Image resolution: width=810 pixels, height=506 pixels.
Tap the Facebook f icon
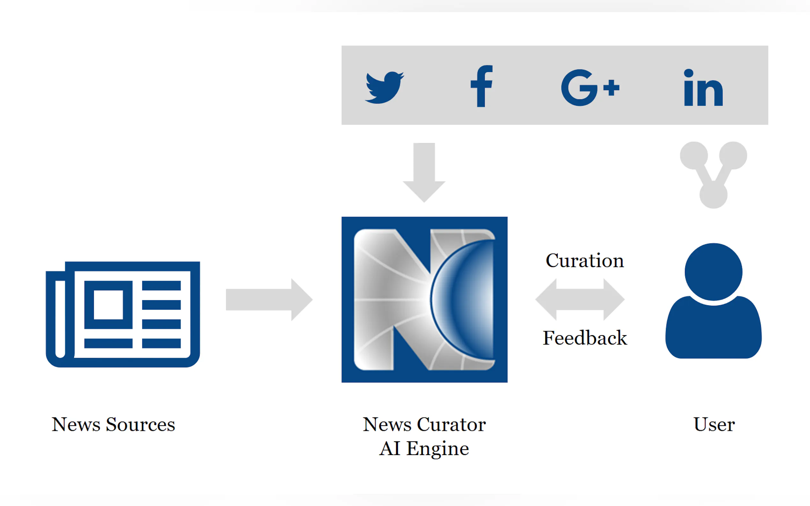point(481,86)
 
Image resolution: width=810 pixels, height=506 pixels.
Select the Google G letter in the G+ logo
point(578,88)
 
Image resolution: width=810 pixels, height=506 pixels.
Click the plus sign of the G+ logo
point(611,88)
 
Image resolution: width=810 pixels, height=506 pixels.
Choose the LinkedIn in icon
point(703,88)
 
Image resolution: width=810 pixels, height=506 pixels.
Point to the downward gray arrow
point(424,172)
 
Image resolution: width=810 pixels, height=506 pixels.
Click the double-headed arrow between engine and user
point(580,300)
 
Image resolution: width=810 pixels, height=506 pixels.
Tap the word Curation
point(585,261)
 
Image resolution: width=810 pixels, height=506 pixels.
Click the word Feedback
point(585,338)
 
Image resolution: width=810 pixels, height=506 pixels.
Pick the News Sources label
point(113,424)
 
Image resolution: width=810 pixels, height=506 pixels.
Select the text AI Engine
point(424,448)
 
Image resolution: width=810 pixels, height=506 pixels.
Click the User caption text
point(714,424)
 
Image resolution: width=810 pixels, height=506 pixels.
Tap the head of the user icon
point(713,272)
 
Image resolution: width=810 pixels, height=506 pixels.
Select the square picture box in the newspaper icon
point(108,305)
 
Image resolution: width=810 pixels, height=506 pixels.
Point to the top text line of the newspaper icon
point(161,286)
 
